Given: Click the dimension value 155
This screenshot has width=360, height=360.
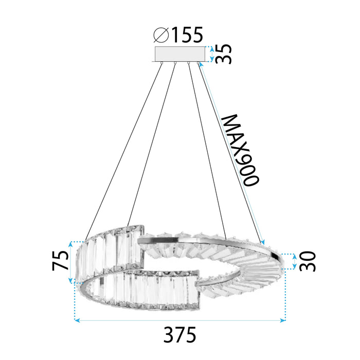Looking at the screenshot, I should (x=187, y=35).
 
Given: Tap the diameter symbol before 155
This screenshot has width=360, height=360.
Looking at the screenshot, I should (x=161, y=35).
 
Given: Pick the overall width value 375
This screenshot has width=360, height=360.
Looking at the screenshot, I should (x=181, y=336).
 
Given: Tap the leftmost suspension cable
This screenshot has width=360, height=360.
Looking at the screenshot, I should (x=123, y=149).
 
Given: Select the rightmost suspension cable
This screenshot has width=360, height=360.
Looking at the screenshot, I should (x=231, y=154).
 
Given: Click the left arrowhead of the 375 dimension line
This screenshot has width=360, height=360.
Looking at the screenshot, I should (x=77, y=320).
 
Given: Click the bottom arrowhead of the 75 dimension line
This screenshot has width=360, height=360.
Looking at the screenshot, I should (x=71, y=281).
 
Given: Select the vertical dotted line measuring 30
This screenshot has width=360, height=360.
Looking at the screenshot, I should (x=293, y=261).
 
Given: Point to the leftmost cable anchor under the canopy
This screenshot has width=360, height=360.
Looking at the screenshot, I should (x=162, y=63).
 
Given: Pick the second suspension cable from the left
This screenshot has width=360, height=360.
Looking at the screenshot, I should (x=152, y=144).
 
